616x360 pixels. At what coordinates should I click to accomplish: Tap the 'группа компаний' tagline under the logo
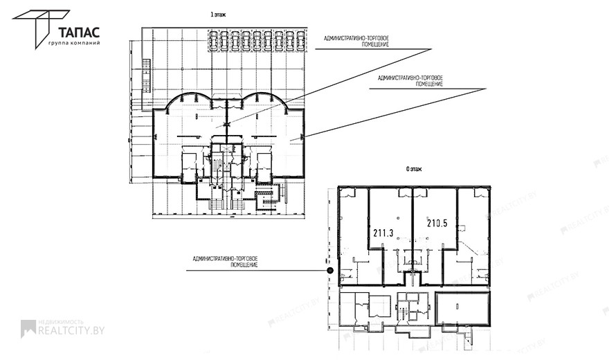(x=74, y=43)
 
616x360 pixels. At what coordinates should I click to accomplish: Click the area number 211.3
(x=383, y=233)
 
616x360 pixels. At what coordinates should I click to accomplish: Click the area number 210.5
(x=437, y=224)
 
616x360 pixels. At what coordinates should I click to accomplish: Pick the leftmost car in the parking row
(x=214, y=39)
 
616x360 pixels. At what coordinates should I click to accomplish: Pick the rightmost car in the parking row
(x=300, y=39)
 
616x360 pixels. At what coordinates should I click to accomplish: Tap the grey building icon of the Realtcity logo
(x=28, y=328)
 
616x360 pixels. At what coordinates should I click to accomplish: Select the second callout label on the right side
(x=411, y=80)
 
